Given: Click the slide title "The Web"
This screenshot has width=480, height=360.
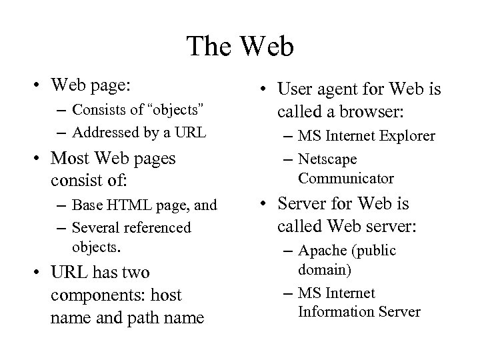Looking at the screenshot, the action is pos(240,47).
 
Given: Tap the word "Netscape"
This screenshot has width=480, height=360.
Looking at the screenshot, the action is pos(327,159).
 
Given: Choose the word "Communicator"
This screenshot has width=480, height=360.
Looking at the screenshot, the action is pos(346,179).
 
